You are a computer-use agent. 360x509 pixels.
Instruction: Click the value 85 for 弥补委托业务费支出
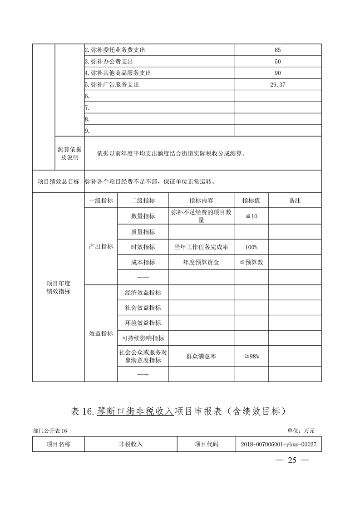pos(278,50)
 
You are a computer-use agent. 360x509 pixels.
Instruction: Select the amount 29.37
pos(278,84)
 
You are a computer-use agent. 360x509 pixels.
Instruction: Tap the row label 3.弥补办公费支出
pos(108,61)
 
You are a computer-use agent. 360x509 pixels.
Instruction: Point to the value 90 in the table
pos(278,73)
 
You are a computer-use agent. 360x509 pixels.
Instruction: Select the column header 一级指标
pos(101,201)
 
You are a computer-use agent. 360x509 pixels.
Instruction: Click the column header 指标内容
pos(201,201)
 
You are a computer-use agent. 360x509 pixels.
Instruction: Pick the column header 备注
pos(295,201)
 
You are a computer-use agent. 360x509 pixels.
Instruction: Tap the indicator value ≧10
pos(251,216)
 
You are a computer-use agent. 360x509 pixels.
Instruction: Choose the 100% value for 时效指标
pos(251,247)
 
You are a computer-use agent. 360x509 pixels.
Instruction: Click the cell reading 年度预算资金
pos(201,262)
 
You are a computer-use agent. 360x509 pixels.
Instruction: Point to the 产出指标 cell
pos(101,246)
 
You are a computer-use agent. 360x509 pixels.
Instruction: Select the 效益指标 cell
pos(101,333)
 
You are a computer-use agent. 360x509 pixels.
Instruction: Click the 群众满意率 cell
pos(201,357)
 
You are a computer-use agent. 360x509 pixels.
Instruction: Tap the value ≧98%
pos(251,357)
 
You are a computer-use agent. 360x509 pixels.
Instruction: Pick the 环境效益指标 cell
pos(143,323)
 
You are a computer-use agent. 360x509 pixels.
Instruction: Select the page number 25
pos(292,460)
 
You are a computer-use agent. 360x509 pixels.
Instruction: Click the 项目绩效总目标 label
pos(58,182)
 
